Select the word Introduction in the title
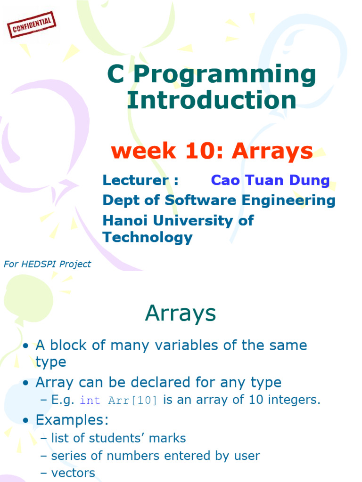coord(212,100)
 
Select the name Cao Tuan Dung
coord(270,180)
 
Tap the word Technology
coord(148,237)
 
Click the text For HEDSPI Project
coord(47,264)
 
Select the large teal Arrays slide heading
coord(181,313)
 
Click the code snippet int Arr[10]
coord(119,401)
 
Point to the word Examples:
coord(72,419)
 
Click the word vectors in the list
coord(73,473)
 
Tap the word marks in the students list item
coord(168,438)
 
